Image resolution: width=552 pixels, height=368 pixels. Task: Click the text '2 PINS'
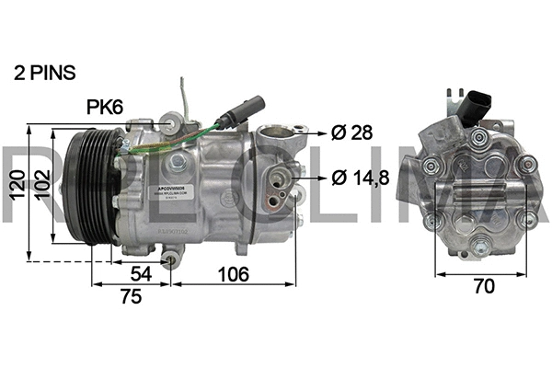click(43, 71)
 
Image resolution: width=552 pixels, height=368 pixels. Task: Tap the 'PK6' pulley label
click(105, 108)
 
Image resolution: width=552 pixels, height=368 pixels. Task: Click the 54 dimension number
click(141, 275)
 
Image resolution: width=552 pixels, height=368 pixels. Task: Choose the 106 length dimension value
click(232, 275)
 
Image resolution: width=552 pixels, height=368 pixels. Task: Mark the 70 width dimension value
click(482, 286)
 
